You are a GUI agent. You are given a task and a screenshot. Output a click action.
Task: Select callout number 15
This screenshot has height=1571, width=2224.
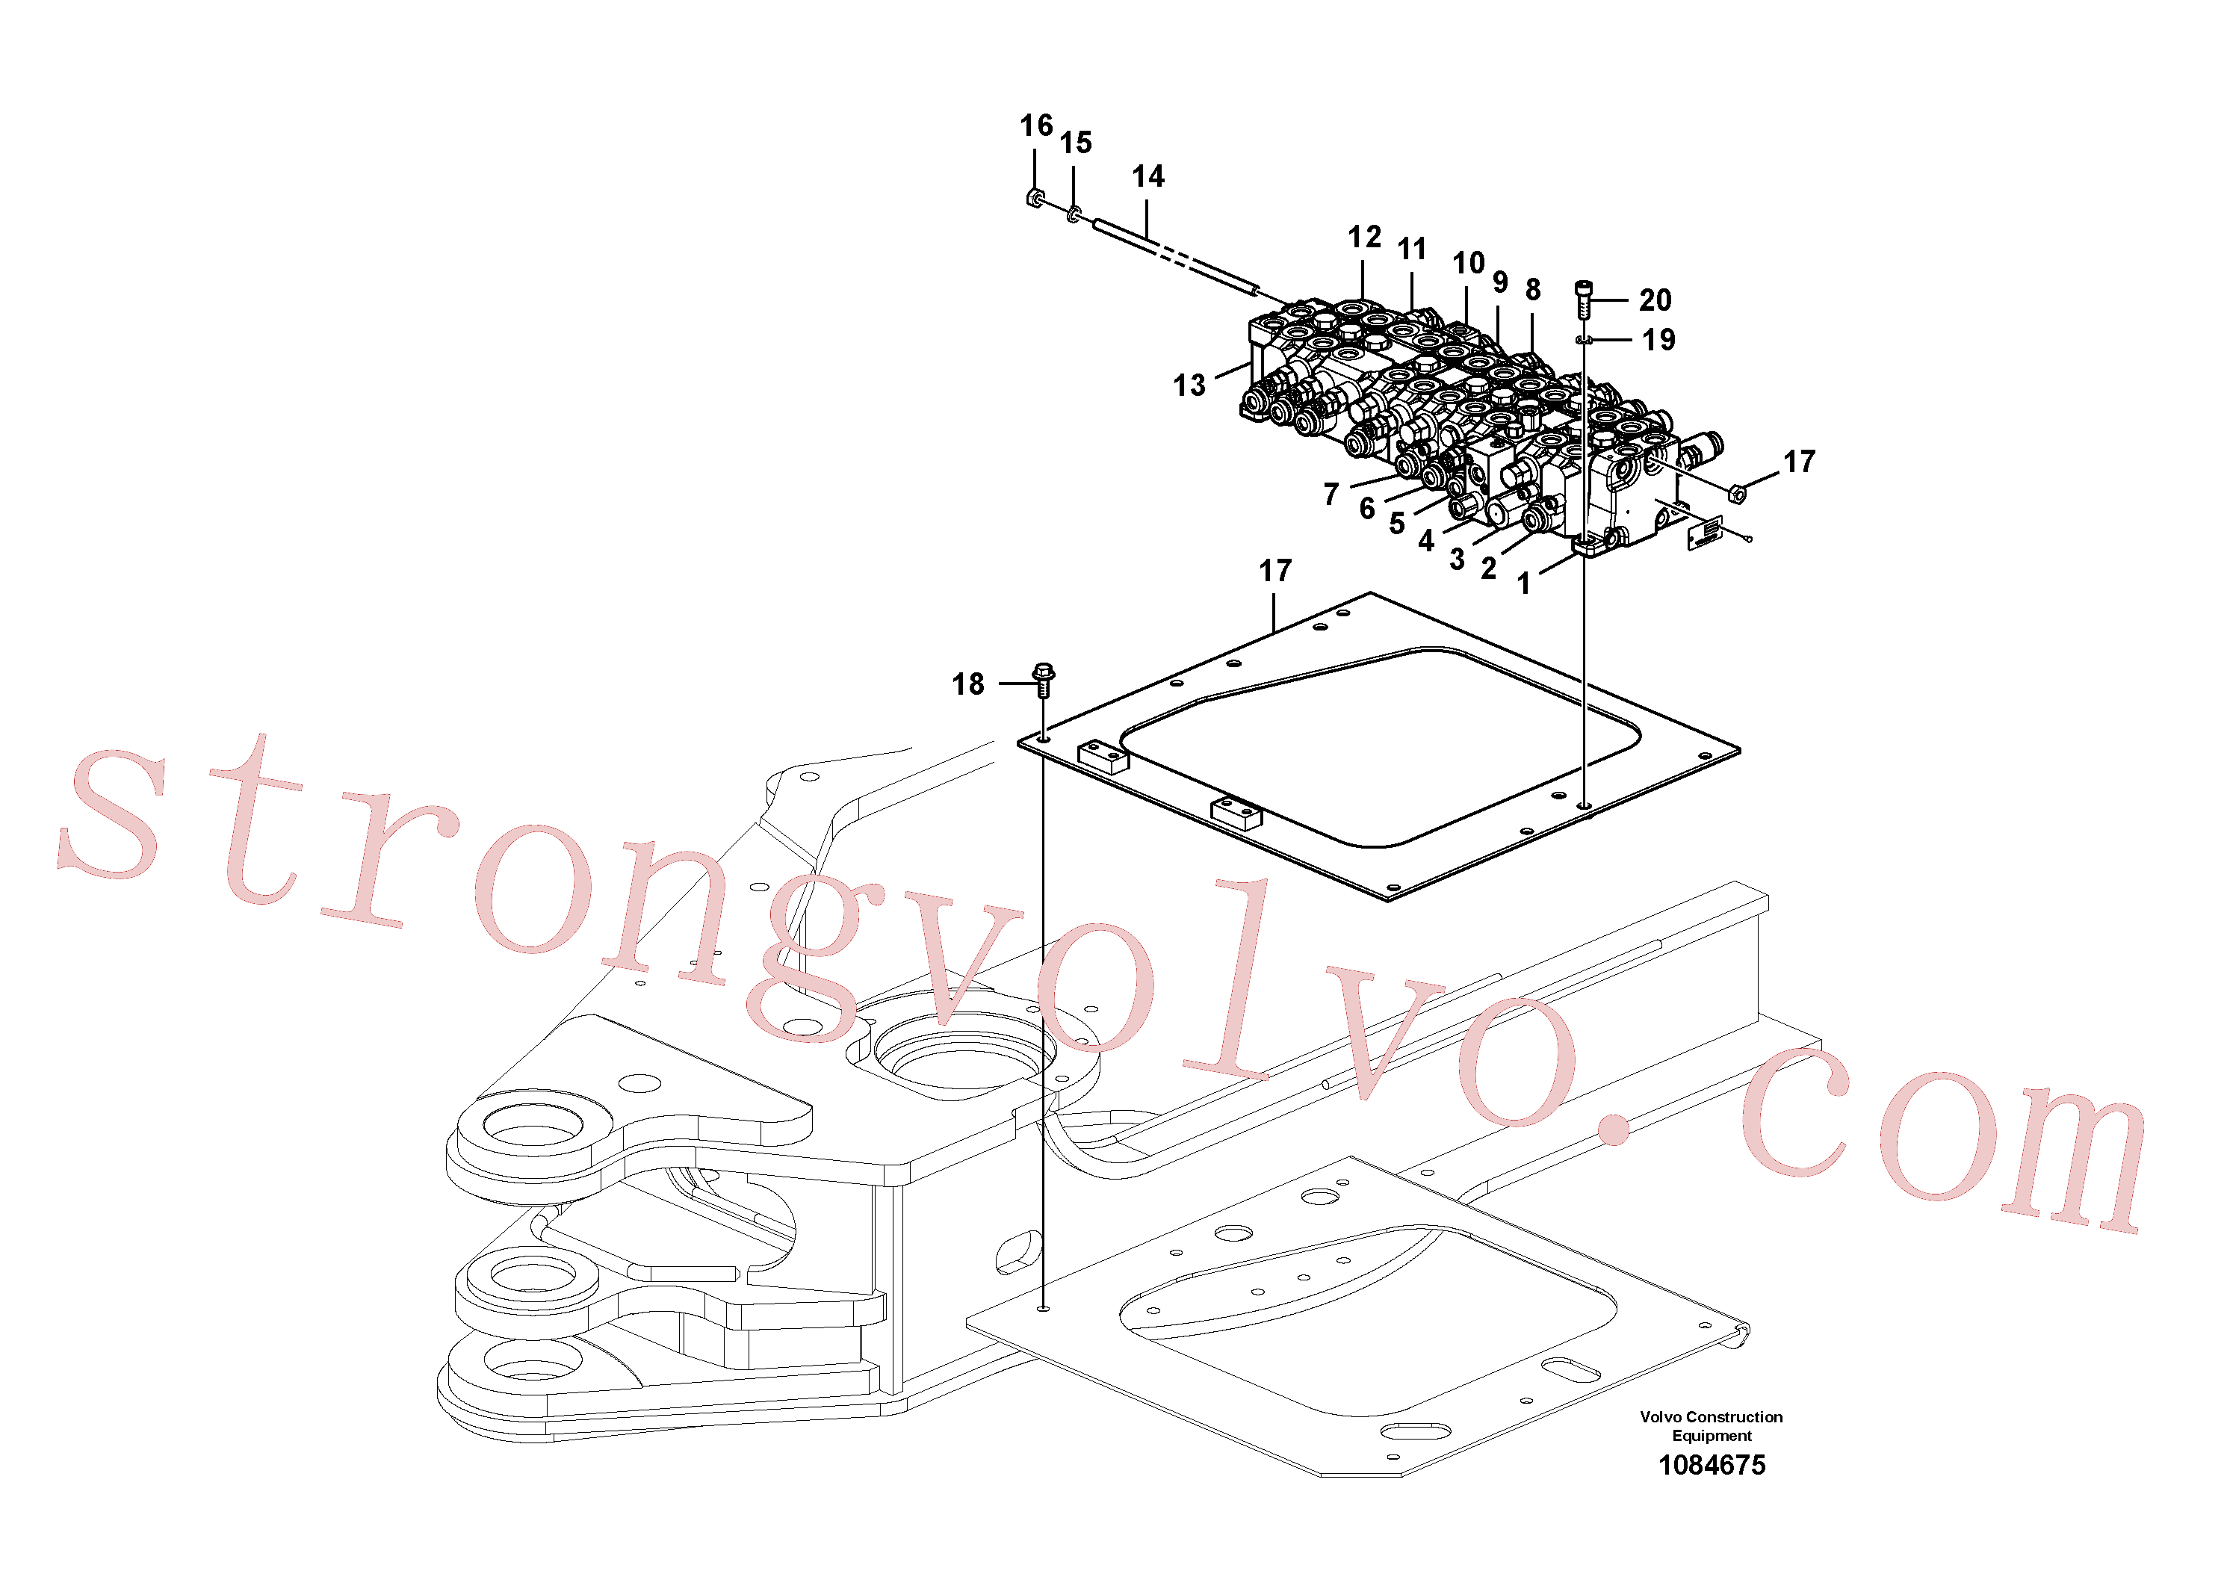coord(1075,143)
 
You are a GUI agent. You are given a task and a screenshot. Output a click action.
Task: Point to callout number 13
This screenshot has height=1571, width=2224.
coord(1189,385)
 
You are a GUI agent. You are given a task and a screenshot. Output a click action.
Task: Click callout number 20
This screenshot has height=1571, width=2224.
coord(1655,300)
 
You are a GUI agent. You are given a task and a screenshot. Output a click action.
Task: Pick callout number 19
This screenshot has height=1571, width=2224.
coord(1658,340)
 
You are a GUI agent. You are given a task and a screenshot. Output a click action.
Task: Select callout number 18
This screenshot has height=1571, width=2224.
coord(967,685)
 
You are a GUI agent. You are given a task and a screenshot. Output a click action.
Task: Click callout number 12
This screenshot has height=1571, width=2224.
coord(1365,238)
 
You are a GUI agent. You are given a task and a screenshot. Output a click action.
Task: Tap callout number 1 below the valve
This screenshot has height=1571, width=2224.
coord(1524,584)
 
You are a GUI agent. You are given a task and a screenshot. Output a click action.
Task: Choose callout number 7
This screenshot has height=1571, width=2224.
coord(1331,495)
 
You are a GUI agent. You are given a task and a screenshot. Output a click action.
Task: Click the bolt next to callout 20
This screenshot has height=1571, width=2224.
coord(1585,298)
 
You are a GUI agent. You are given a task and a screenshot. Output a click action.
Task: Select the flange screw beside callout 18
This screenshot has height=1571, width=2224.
coord(1043,680)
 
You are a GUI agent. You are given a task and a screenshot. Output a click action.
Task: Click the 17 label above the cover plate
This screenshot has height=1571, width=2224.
coord(1276,571)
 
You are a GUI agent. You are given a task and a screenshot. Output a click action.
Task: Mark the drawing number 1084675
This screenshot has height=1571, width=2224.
coord(1712,1466)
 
